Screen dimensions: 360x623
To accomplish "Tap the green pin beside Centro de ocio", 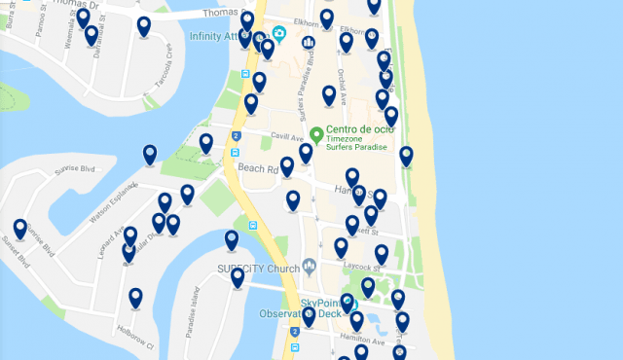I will [x=315, y=134].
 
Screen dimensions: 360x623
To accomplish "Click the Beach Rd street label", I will [x=258, y=168].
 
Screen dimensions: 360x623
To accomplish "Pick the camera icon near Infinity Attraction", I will [x=278, y=36].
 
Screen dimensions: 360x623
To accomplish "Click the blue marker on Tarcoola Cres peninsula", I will [x=144, y=26].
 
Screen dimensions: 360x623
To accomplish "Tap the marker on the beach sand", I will [x=406, y=155].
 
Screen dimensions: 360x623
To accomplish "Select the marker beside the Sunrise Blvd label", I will [x=150, y=154].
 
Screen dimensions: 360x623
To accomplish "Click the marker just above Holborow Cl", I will [x=135, y=298].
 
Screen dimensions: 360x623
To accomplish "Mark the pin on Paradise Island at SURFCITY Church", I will [x=238, y=277].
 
